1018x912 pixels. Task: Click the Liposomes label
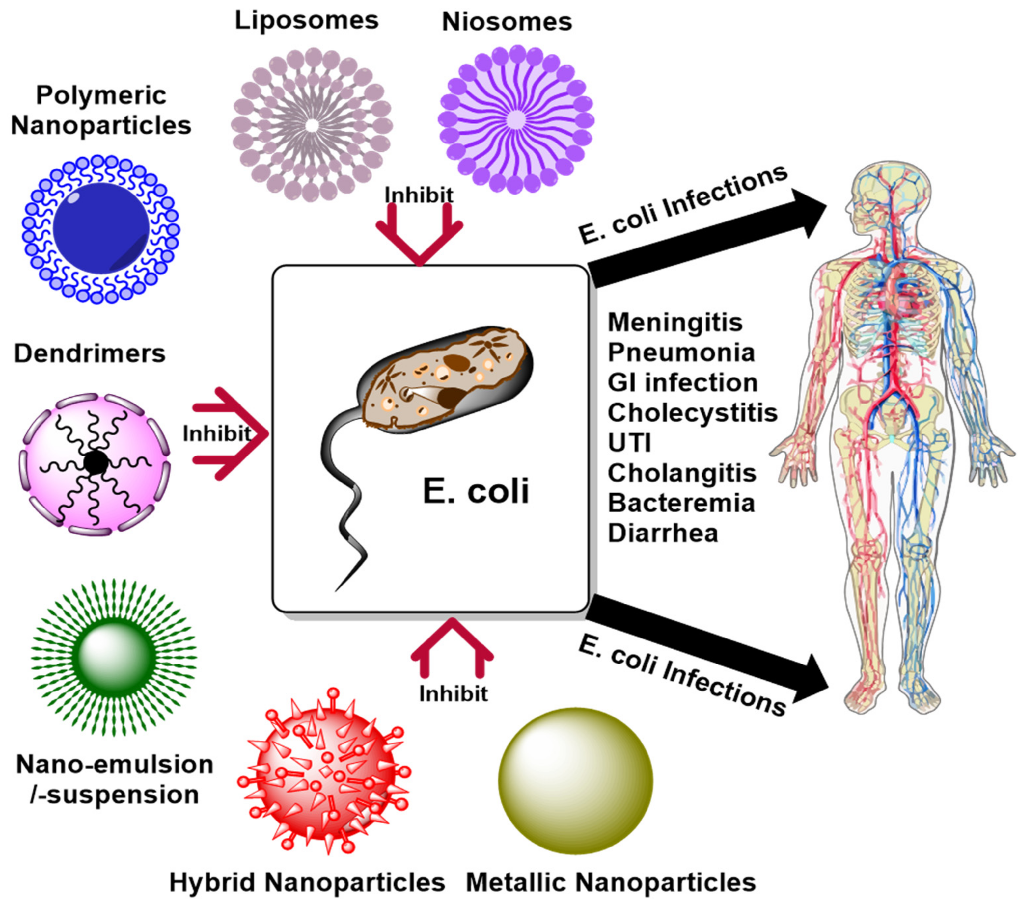point(306,21)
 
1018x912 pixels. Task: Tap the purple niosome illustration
point(515,120)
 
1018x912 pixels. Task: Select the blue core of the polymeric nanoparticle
point(101,228)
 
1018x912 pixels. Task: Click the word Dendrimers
point(89,354)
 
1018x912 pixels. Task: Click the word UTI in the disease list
point(629,443)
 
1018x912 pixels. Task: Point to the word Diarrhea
point(662,533)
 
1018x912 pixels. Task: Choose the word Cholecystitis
point(692,413)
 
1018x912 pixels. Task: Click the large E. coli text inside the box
point(475,491)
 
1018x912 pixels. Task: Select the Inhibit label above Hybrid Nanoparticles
point(453,694)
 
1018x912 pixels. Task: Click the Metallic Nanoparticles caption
point(610,882)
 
